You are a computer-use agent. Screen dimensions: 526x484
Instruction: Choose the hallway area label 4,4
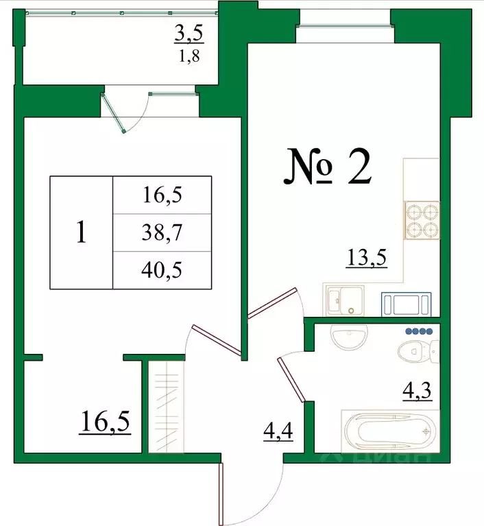click(278, 431)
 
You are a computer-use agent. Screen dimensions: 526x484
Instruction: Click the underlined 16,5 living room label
click(106, 419)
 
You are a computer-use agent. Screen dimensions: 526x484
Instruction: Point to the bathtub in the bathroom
click(389, 431)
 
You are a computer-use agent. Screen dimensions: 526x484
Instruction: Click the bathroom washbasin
click(349, 336)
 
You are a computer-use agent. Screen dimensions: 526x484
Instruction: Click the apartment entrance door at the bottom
click(222, 491)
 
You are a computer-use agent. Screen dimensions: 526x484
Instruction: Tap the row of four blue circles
click(419, 331)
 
